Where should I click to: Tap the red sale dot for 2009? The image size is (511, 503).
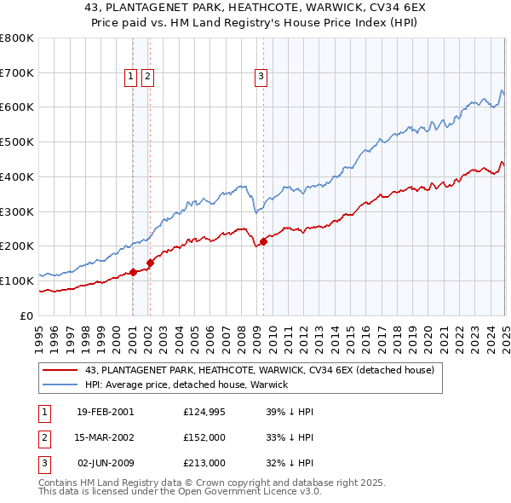(263, 241)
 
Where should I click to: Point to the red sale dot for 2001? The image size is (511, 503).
(134, 272)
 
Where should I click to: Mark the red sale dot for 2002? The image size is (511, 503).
(150, 263)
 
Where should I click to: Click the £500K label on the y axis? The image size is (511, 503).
(17, 142)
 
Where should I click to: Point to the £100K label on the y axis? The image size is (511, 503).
(17, 280)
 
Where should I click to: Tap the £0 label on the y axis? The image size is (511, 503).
(26, 315)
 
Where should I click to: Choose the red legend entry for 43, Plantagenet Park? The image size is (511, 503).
(260, 370)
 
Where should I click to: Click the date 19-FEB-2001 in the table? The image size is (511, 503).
(106, 412)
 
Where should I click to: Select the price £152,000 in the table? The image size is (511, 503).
(204, 437)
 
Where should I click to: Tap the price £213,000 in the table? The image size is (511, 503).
(204, 463)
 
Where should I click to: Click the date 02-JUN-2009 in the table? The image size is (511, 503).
(106, 463)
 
